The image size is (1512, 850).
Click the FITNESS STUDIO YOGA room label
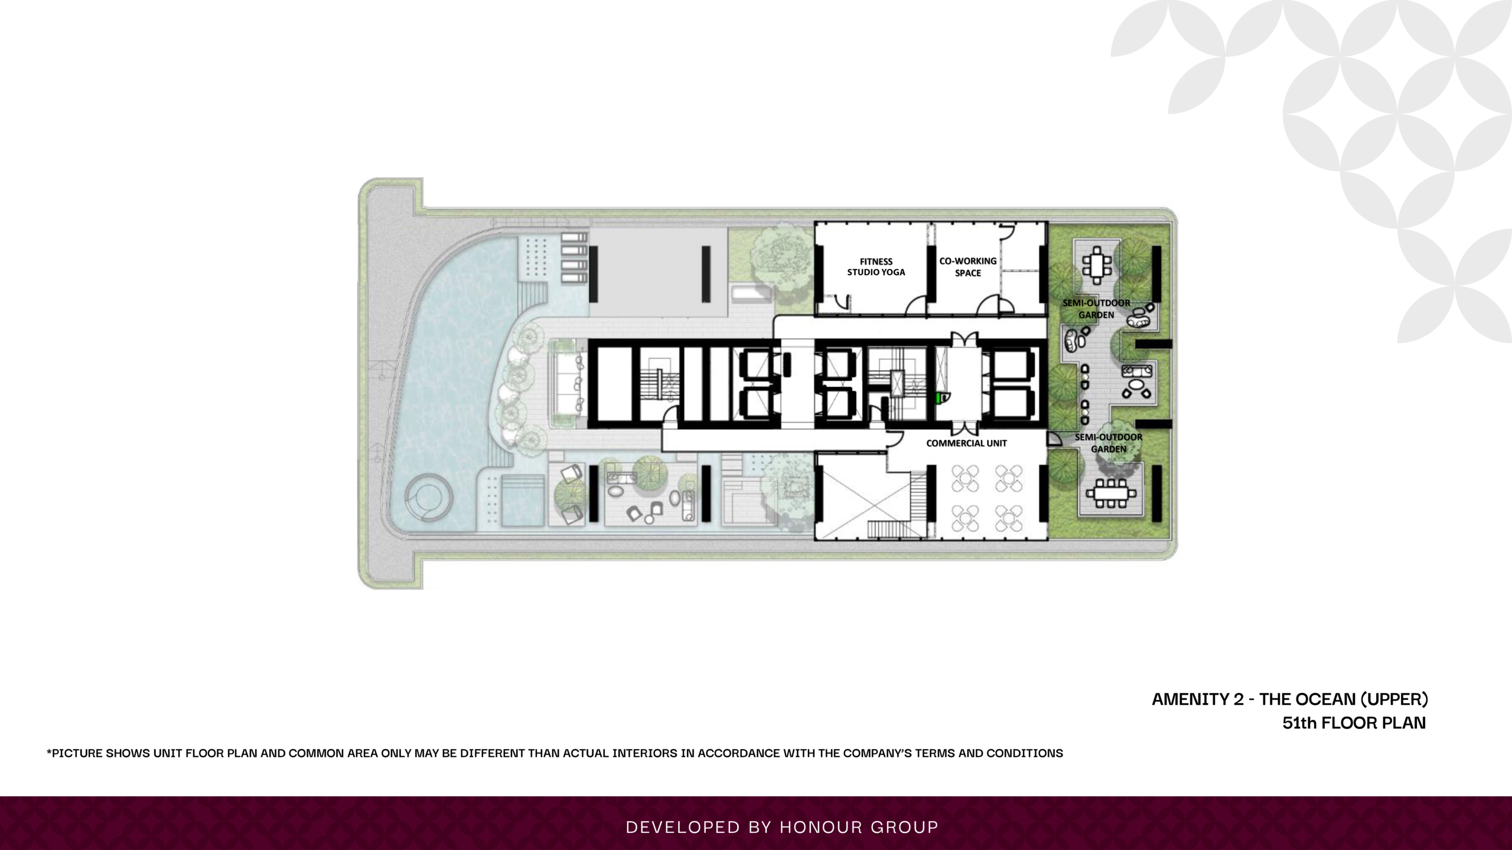(876, 267)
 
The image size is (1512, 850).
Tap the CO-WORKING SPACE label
(968, 267)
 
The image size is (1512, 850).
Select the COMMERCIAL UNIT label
(966, 443)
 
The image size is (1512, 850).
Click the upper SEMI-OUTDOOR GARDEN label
(1096, 309)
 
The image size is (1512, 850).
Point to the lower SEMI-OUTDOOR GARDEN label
(1109, 443)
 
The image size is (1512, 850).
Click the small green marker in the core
(938, 398)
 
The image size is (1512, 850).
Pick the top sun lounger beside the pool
(573, 237)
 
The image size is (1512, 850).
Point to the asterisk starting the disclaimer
(49, 751)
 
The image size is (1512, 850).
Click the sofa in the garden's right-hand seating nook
(1137, 371)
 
